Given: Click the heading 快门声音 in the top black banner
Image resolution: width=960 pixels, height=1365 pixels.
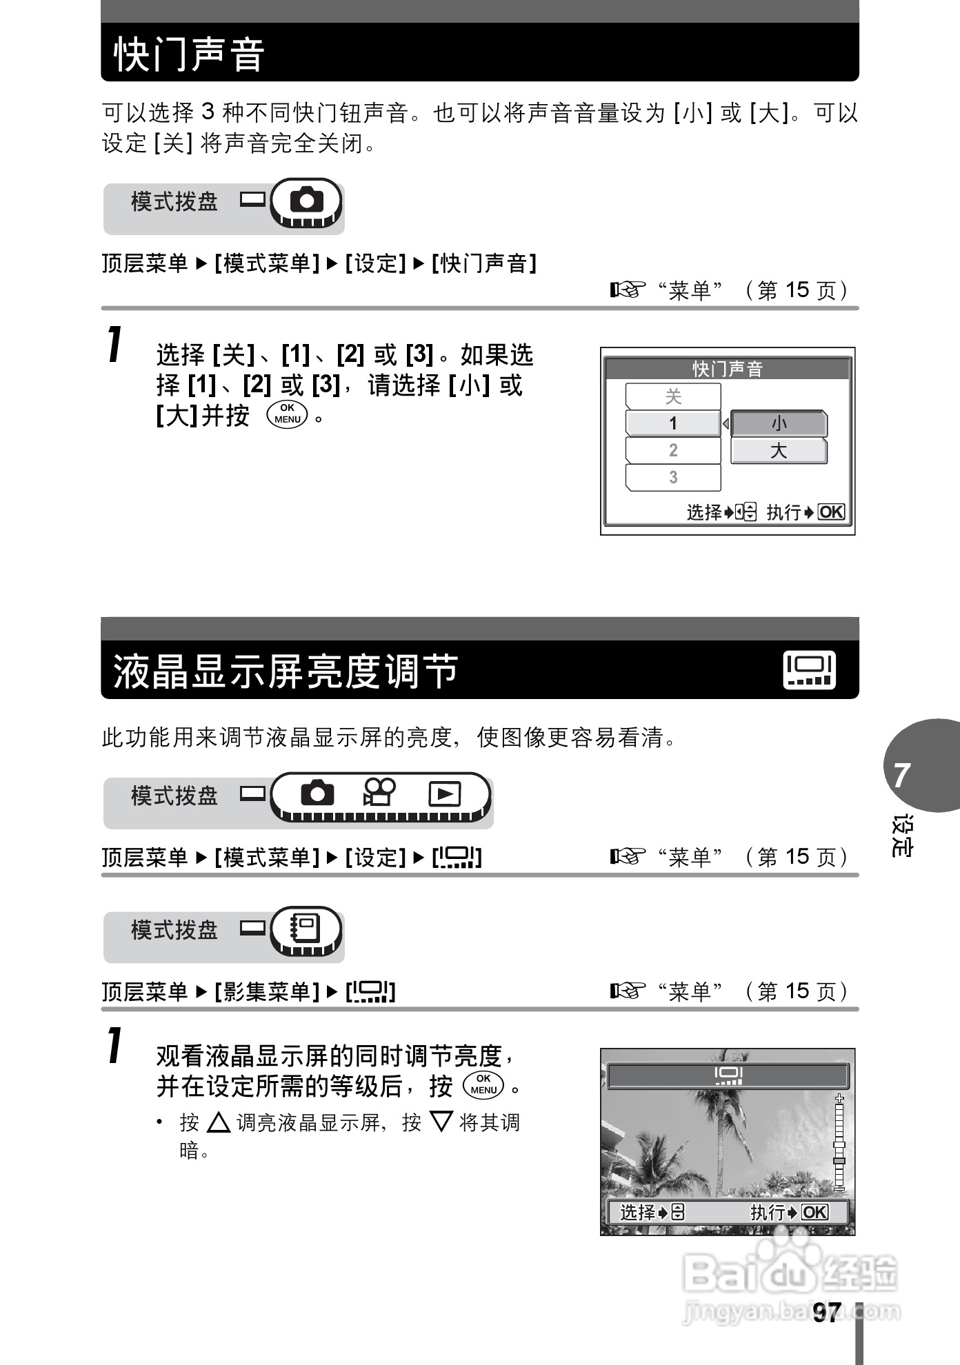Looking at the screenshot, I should [x=189, y=54].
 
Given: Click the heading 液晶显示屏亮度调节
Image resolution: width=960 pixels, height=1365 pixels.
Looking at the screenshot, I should [x=286, y=671].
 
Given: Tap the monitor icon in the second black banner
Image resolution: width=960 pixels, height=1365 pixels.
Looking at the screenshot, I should [x=809, y=670].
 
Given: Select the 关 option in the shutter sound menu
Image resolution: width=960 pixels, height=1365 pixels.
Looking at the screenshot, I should [x=673, y=396].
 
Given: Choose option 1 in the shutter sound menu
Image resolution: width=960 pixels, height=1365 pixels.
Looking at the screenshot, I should [x=673, y=423].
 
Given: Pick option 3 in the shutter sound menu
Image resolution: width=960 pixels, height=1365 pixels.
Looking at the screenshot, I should [x=673, y=477].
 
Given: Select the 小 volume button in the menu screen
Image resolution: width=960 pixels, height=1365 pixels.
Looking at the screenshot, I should [x=779, y=423].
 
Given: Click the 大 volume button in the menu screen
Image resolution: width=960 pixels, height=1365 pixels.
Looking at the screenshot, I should [x=779, y=451].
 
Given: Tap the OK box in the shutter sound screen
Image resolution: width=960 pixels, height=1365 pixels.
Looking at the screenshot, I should [x=831, y=512].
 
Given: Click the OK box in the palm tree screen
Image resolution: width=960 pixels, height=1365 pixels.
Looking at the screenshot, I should [x=814, y=1213].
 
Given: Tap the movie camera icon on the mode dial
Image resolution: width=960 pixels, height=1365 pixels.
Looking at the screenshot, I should [x=379, y=792].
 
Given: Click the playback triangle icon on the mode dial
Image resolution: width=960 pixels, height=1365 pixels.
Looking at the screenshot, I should [x=445, y=793].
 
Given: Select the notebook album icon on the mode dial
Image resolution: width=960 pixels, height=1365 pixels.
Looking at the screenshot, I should [x=306, y=928].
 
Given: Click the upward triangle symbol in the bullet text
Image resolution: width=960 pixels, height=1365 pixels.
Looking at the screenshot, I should [x=219, y=1122].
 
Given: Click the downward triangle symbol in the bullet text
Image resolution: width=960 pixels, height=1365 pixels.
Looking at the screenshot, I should [x=441, y=1122].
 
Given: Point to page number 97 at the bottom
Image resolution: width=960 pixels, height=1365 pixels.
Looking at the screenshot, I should [x=826, y=1312].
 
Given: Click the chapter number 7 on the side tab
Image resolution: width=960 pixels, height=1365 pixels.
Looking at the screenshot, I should [x=901, y=776].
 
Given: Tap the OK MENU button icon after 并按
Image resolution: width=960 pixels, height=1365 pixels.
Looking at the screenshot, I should [x=288, y=414].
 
